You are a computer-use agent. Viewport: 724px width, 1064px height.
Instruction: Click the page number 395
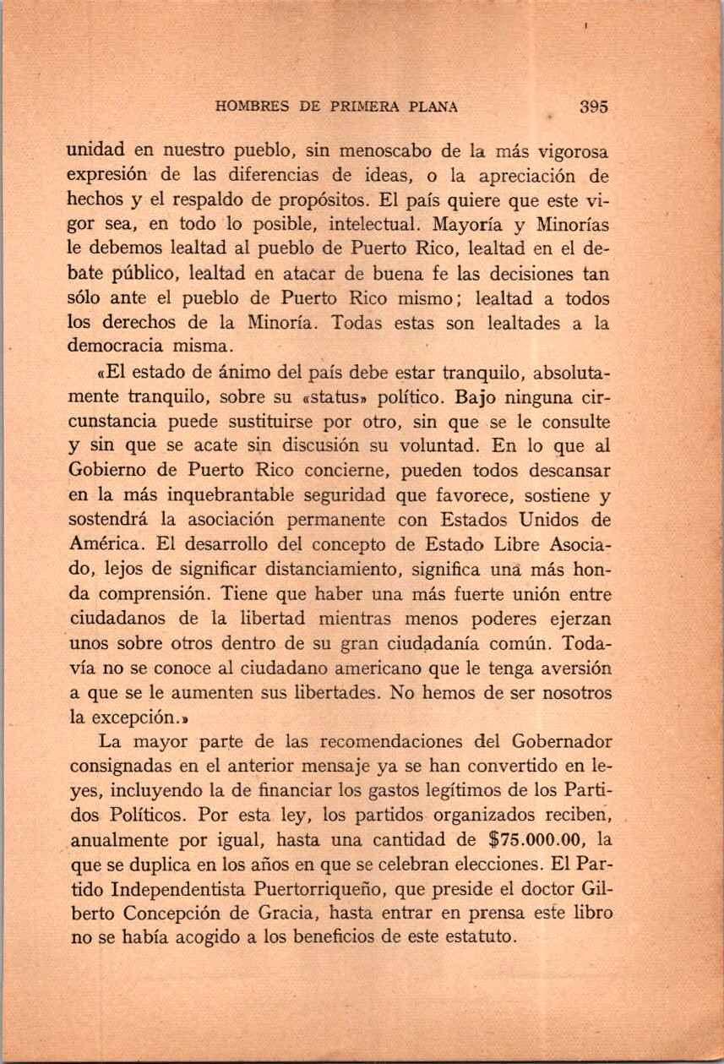595,107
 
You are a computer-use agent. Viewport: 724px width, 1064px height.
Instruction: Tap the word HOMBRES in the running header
253,107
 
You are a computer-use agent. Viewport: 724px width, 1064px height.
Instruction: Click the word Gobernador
561,743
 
